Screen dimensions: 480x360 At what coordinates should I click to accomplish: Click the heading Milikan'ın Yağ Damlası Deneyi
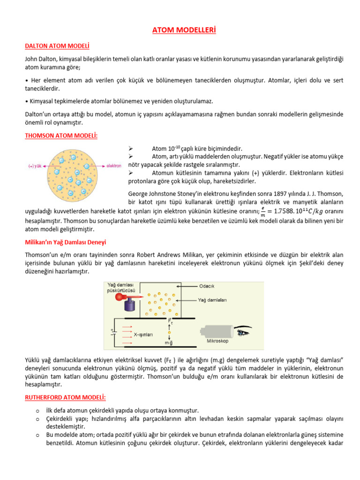point(65,242)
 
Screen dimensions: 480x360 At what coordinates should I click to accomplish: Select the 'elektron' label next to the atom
point(114,166)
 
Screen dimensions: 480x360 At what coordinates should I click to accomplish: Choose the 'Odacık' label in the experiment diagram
point(207,286)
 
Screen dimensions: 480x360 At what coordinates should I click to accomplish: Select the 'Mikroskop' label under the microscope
point(217,341)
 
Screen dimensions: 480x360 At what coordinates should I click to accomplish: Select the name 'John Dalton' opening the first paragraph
point(41,59)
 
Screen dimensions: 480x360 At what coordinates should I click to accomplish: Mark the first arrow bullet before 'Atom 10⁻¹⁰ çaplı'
point(131,148)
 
